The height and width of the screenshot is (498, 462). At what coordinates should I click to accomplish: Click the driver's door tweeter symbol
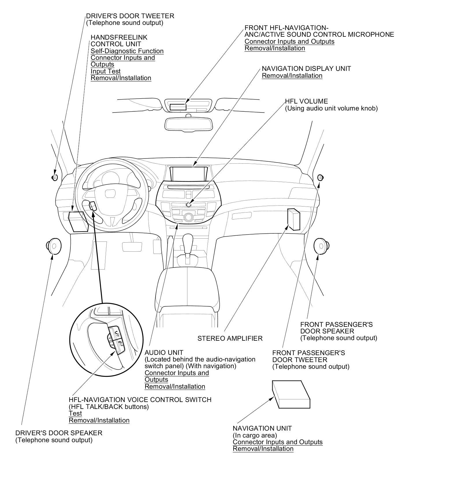[x=55, y=177]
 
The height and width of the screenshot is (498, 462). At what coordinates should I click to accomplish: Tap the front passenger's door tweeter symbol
[x=320, y=177]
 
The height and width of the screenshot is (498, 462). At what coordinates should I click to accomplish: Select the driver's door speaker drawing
[x=53, y=246]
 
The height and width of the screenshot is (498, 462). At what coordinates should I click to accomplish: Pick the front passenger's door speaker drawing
[x=321, y=246]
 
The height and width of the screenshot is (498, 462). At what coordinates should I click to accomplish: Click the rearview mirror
[x=188, y=124]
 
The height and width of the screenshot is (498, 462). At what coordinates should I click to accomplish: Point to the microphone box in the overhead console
[x=178, y=107]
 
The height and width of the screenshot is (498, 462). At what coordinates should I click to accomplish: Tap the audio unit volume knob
[x=189, y=204]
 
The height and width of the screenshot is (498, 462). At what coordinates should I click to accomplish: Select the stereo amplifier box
[x=294, y=219]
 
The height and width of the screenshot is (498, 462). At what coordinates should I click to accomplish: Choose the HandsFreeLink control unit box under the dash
[x=77, y=221]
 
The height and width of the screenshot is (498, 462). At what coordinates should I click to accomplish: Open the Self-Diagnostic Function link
[x=127, y=51]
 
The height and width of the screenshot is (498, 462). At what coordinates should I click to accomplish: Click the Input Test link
[x=105, y=71]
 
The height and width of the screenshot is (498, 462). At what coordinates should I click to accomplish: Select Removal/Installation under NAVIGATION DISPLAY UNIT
[x=292, y=76]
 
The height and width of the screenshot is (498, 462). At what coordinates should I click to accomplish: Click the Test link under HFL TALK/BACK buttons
[x=75, y=414]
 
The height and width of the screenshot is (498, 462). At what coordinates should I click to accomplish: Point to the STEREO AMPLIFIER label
[x=230, y=338]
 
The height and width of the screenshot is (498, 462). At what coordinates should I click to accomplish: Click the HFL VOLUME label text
[x=306, y=102]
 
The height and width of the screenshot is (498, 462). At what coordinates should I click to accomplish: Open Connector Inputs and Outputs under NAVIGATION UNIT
[x=277, y=442]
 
